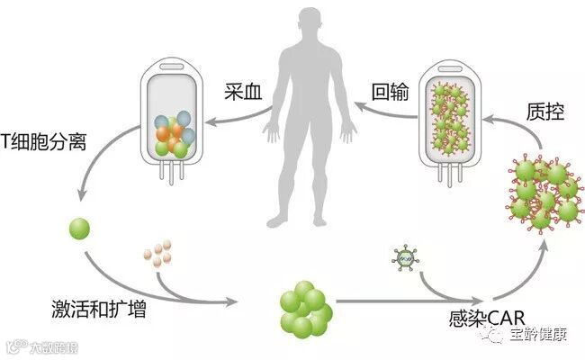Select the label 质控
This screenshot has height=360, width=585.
tap(544, 114)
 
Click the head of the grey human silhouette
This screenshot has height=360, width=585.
tap(310, 24)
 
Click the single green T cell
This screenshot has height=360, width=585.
tap(80, 229)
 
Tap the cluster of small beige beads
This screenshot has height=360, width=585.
tap(157, 255)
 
